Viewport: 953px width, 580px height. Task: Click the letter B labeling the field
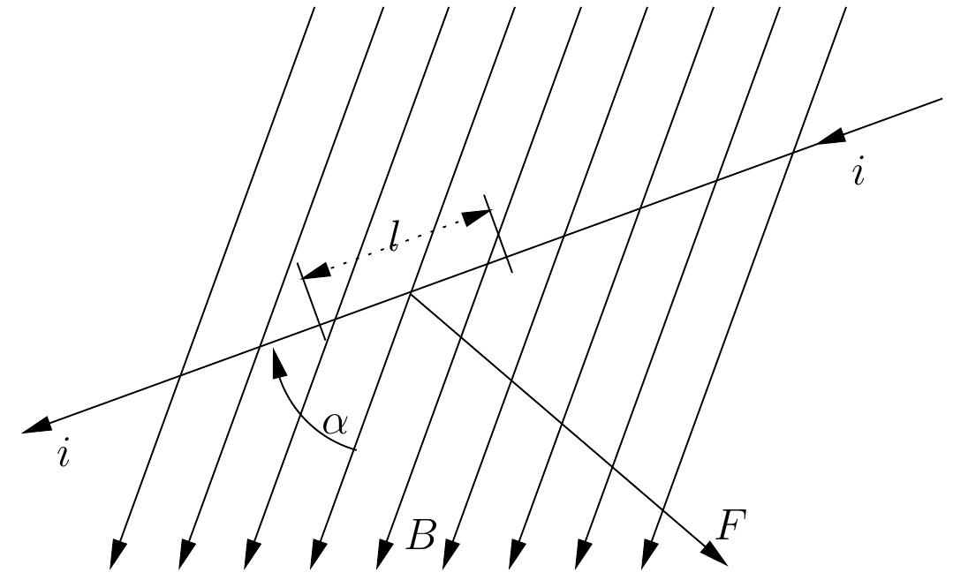click(x=421, y=535)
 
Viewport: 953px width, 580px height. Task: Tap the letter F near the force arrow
click(x=732, y=526)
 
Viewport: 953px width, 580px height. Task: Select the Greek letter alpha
click(x=335, y=424)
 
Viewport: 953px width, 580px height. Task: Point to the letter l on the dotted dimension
click(x=394, y=237)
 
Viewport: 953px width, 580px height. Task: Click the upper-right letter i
click(x=858, y=172)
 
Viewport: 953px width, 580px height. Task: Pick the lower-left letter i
click(x=63, y=455)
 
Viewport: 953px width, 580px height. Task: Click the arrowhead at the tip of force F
click(x=715, y=554)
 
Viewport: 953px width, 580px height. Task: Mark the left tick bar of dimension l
click(x=313, y=301)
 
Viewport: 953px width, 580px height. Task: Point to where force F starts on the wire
click(x=410, y=293)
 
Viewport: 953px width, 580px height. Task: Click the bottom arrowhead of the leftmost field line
click(x=117, y=554)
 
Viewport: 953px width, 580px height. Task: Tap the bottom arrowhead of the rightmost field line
click(x=650, y=554)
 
